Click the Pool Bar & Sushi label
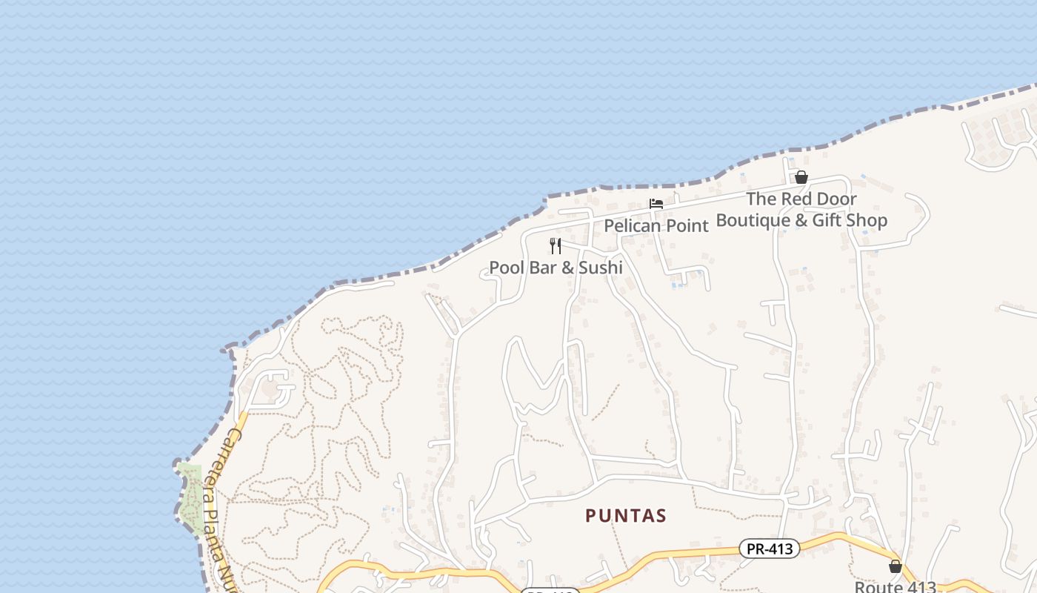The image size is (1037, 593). point(556,268)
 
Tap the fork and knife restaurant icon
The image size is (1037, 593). point(556,246)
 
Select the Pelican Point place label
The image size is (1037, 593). point(656,225)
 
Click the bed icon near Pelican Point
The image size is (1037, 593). point(656,204)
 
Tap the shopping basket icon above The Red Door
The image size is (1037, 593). point(801,177)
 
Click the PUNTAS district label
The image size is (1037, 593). point(626,515)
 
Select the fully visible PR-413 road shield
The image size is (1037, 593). point(770,549)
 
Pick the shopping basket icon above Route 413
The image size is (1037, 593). point(896,566)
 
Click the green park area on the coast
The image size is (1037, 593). point(191,497)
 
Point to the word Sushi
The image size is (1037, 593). point(600,268)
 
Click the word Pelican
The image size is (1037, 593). point(631,225)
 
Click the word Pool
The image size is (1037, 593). point(507,268)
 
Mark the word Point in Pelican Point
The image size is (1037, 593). point(686,225)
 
